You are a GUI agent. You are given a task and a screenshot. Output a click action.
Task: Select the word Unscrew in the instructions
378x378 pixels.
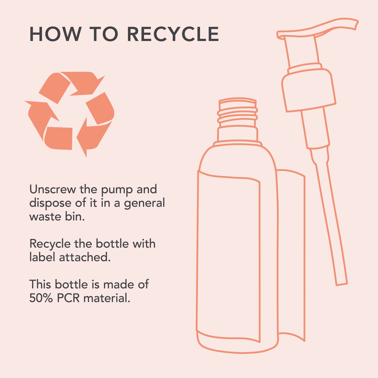point(52,189)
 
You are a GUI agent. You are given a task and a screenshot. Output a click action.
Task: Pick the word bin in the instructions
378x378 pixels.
point(75,216)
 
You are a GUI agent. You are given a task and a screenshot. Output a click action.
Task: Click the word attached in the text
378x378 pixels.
point(85,257)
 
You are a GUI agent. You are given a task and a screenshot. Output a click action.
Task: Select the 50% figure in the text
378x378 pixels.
point(41,298)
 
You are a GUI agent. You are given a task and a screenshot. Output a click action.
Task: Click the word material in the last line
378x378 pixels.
point(107,298)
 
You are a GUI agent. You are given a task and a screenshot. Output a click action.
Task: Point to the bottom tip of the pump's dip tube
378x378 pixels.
point(342,285)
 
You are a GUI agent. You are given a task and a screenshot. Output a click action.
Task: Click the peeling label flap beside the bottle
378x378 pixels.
point(291,255)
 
